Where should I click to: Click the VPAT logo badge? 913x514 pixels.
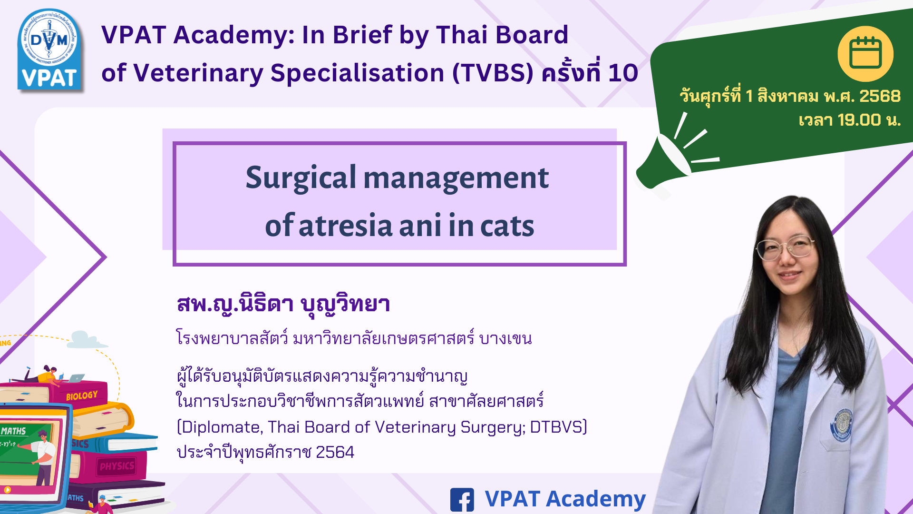pos(50,49)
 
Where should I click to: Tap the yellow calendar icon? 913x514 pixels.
pos(865,54)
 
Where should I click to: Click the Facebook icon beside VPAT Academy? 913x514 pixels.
pos(462,500)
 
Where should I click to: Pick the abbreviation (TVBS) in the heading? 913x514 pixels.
pos(493,73)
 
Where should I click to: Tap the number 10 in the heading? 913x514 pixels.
pos(623,73)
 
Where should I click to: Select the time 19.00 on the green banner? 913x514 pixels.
pos(859,120)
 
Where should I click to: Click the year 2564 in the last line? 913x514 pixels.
pos(335,452)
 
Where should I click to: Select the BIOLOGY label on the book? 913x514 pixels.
pos(82,395)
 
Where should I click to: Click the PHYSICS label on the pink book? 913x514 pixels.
pos(117,466)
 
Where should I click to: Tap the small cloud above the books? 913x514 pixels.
pos(87,340)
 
